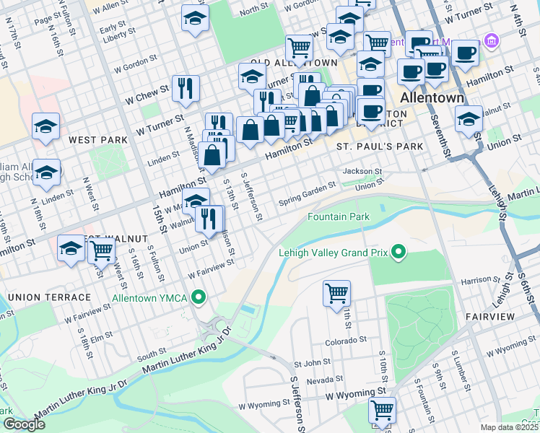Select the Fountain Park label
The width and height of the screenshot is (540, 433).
click(339, 216)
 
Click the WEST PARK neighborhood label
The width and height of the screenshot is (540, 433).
click(92, 139)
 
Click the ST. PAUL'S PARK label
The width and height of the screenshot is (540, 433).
click(379, 146)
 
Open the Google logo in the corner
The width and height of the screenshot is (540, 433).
click(24, 424)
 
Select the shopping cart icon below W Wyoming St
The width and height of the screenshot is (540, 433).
click(382, 410)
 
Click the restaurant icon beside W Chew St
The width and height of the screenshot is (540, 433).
click(186, 89)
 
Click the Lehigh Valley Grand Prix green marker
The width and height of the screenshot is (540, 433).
click(397, 253)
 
